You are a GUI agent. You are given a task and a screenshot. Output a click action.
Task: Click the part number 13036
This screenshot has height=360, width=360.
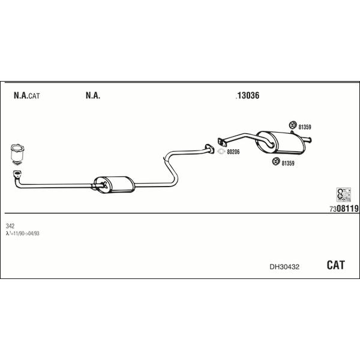tap(248, 95)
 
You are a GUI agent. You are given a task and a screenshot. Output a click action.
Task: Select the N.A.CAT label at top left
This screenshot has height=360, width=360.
tap(26, 95)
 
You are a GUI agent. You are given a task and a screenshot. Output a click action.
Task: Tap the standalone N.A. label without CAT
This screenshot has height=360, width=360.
tap(93, 95)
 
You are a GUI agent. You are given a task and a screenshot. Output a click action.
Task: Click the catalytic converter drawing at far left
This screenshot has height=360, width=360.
tap(17, 154)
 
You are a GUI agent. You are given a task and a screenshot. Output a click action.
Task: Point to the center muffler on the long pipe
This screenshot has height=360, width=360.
tap(115, 185)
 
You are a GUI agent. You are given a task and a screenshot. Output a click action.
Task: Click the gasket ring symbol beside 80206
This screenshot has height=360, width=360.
tap(221, 152)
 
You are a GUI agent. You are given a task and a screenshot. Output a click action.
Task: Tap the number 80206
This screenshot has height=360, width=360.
tap(233, 152)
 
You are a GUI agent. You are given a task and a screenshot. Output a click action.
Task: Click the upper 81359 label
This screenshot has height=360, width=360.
tap(305, 127)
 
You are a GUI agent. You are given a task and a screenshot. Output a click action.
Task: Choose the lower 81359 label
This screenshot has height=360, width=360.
tap(288, 163)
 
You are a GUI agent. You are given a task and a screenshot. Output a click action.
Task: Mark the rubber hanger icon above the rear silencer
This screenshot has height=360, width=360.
tap(293, 125)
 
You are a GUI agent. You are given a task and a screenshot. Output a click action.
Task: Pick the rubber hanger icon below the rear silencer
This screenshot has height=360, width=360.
tap(276, 161)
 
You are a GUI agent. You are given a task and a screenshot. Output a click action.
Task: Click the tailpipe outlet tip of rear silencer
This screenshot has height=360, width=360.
tap(310, 140)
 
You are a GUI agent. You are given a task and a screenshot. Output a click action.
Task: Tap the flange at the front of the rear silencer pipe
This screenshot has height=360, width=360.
tap(221, 142)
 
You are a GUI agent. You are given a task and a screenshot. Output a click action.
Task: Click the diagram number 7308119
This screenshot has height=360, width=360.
tap(344, 208)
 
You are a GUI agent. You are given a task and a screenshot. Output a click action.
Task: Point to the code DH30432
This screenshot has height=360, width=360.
tap(284, 267)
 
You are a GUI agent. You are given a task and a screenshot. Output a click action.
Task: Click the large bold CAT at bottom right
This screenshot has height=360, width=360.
tap(335, 265)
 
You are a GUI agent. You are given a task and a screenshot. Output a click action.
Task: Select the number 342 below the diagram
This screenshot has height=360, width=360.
tap(10, 226)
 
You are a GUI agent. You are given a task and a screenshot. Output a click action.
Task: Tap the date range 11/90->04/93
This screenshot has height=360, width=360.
tap(26, 233)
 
